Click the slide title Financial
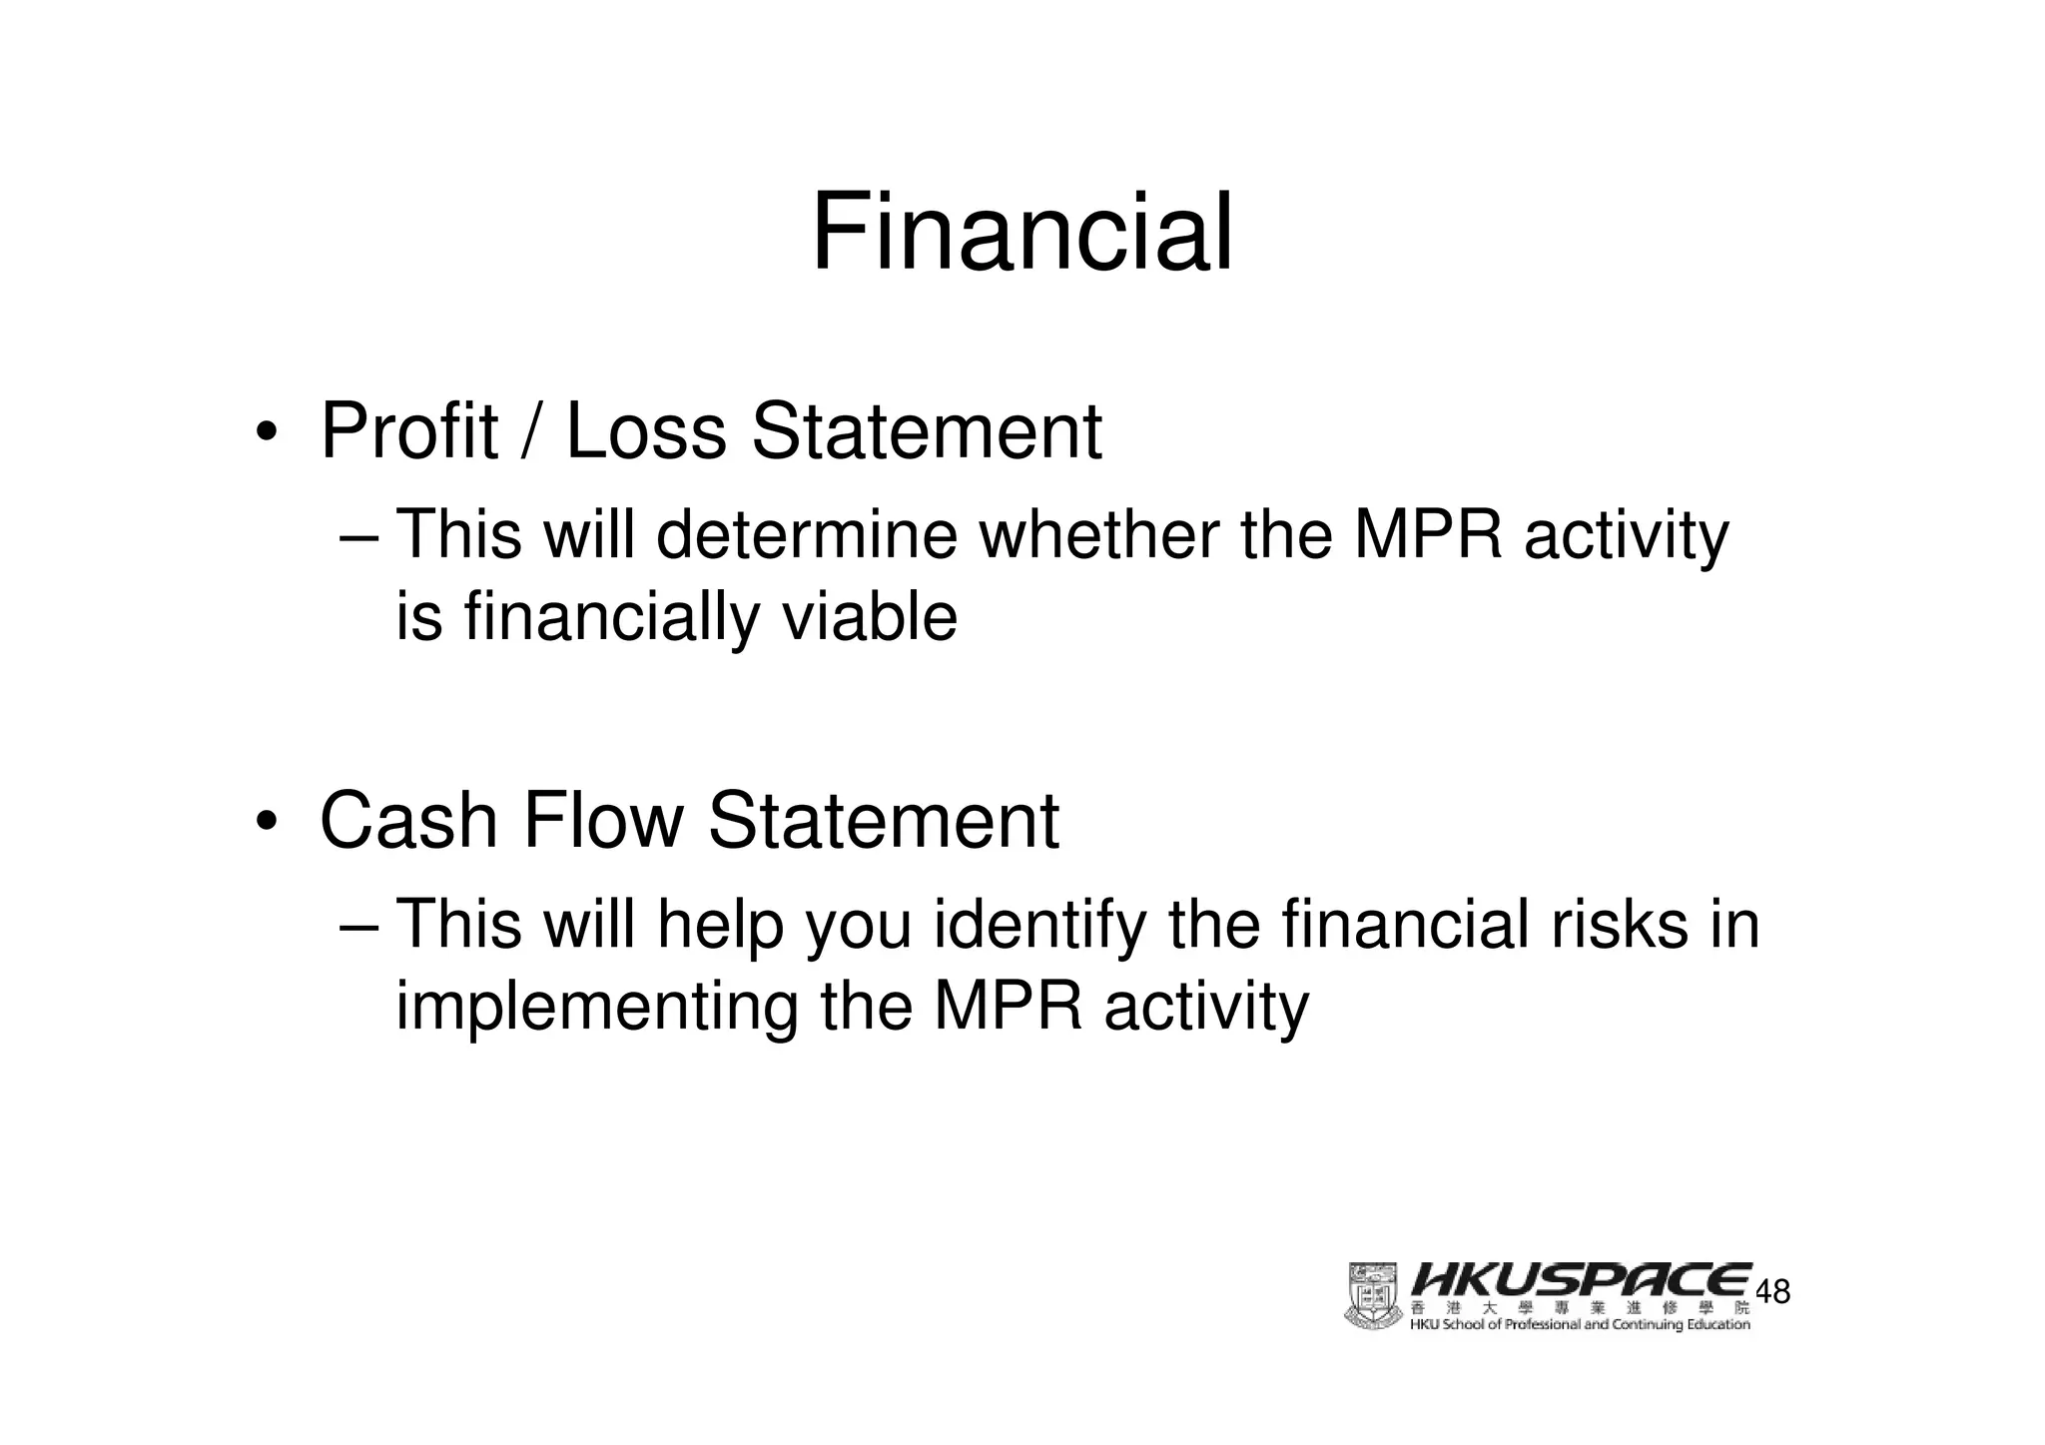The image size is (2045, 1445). pos(1022,234)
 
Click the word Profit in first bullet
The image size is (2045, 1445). pos(408,431)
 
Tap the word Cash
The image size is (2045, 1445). pos(408,821)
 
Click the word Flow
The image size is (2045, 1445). pos(602,821)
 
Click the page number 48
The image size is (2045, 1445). pos(1772,1292)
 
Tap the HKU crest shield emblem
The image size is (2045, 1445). pos(1374,1295)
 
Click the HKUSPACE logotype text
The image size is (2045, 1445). pos(1581,1279)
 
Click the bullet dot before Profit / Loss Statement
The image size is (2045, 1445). pos(265,433)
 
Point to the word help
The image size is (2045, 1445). pos(720,926)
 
